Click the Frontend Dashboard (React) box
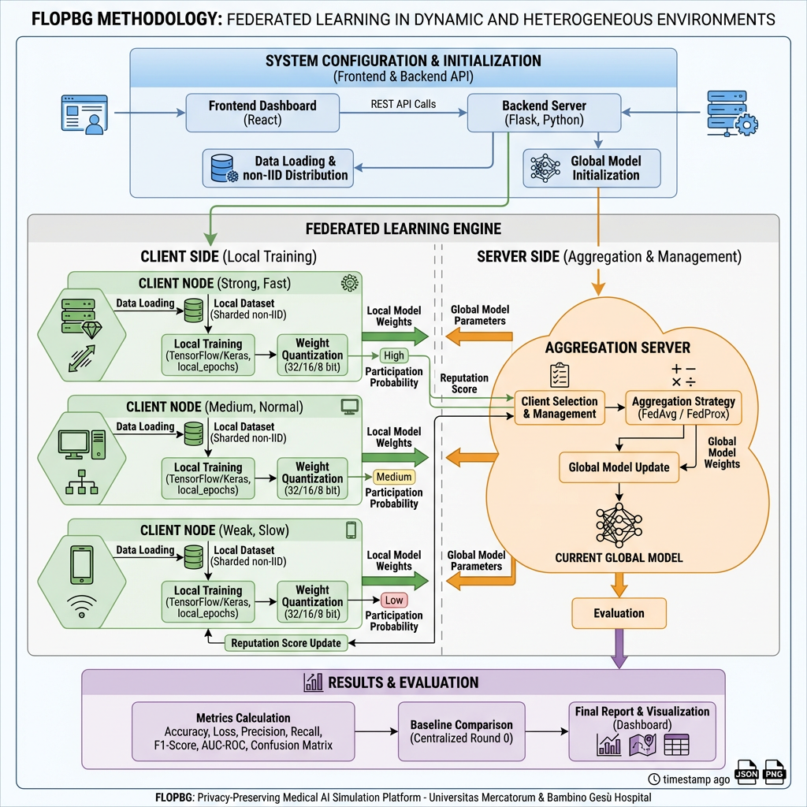pos(262,113)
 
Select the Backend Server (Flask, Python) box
pos(544,113)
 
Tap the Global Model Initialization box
pos(592,168)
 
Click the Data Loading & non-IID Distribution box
pos(277,168)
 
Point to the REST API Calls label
pos(403,104)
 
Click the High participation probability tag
pos(393,355)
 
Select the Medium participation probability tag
pos(393,477)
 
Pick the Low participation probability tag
pos(393,601)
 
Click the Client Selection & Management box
pos(559,407)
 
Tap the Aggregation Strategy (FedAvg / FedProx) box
pos(682,407)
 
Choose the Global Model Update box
pos(619,467)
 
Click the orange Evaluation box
pos(619,613)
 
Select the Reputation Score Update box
pos(285,643)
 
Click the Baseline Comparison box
pos(461,731)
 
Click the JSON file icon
pos(746,774)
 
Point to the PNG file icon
pos(775,774)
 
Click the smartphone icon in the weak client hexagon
pos(82,565)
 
